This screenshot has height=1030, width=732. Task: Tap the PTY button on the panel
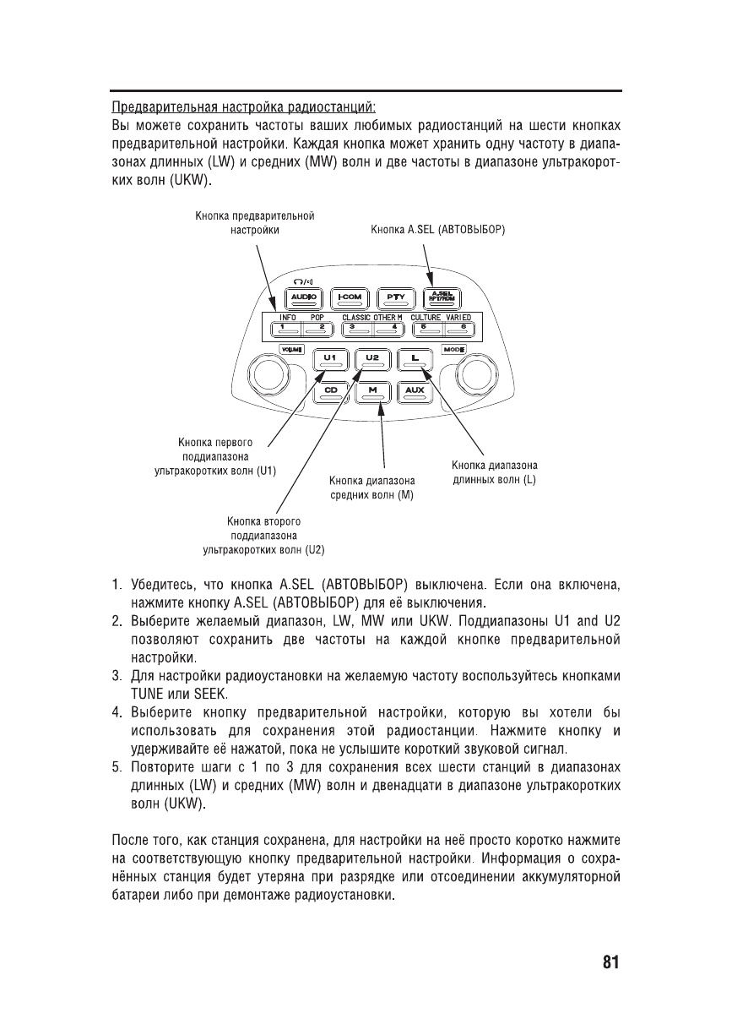click(x=393, y=297)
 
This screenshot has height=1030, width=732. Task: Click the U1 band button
click(x=330, y=359)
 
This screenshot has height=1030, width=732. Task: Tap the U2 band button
click(x=372, y=359)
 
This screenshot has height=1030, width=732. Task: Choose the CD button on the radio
click(x=330, y=390)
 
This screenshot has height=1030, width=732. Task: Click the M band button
click(x=372, y=390)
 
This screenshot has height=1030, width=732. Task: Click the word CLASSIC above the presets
click(x=355, y=317)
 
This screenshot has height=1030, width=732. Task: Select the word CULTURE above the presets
click(x=426, y=317)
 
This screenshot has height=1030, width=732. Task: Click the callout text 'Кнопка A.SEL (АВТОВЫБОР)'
click(x=438, y=229)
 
